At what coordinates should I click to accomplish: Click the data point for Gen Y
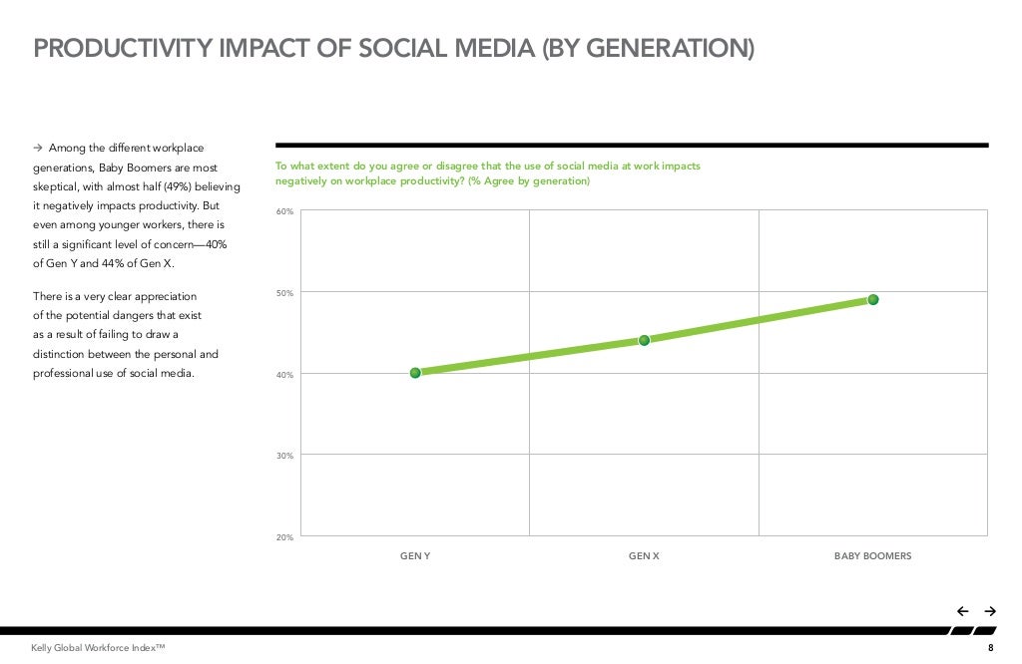tap(415, 373)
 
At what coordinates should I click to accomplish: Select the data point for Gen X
tap(644, 340)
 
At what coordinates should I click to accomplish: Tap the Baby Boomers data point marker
tap(872, 299)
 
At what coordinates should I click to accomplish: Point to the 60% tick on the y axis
tap(285, 212)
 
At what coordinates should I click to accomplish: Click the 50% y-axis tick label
tap(285, 293)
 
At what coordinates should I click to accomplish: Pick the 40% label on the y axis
tap(285, 375)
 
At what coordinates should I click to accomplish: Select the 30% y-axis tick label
tap(285, 456)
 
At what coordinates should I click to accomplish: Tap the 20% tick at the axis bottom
tap(285, 537)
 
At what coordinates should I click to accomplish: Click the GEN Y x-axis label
tap(415, 556)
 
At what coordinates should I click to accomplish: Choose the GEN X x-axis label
tap(644, 556)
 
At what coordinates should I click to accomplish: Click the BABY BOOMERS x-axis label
tap(872, 556)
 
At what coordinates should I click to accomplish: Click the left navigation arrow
tap(962, 611)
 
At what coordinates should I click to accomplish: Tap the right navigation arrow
tap(990, 611)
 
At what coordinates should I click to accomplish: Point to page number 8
tap(990, 649)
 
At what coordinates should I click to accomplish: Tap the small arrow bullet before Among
tap(39, 149)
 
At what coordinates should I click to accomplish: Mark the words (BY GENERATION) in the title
tap(648, 48)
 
